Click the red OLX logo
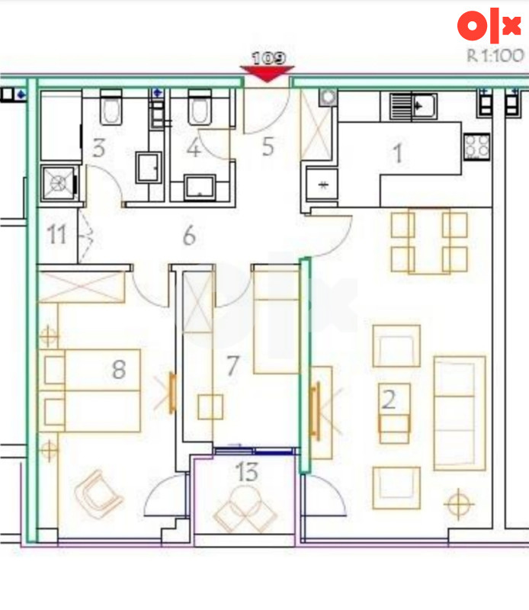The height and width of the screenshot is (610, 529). (x=489, y=25)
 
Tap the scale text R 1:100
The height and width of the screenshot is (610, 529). (x=495, y=56)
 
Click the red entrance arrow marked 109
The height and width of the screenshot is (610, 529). (x=268, y=73)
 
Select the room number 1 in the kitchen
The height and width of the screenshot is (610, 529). (x=398, y=153)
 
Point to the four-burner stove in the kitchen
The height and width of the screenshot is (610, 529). (x=476, y=146)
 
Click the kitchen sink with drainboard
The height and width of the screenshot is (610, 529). (x=413, y=106)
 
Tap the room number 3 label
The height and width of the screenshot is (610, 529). (x=99, y=148)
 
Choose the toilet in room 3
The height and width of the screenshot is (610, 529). (x=111, y=107)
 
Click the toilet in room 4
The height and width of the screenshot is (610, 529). (x=200, y=107)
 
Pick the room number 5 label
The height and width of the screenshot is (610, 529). (x=268, y=146)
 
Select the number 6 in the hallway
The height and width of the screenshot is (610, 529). (x=190, y=236)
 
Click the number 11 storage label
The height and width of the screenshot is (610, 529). (x=56, y=234)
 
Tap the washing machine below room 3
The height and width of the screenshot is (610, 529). (x=59, y=183)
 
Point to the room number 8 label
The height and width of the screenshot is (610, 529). (x=119, y=369)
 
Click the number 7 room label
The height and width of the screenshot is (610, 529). (x=232, y=366)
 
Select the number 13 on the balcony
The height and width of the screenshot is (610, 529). (x=247, y=471)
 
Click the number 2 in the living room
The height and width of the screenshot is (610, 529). (x=389, y=399)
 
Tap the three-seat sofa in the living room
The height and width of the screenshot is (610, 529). (x=460, y=413)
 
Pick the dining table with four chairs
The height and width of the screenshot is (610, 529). (x=429, y=242)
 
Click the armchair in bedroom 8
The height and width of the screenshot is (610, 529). (x=99, y=494)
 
